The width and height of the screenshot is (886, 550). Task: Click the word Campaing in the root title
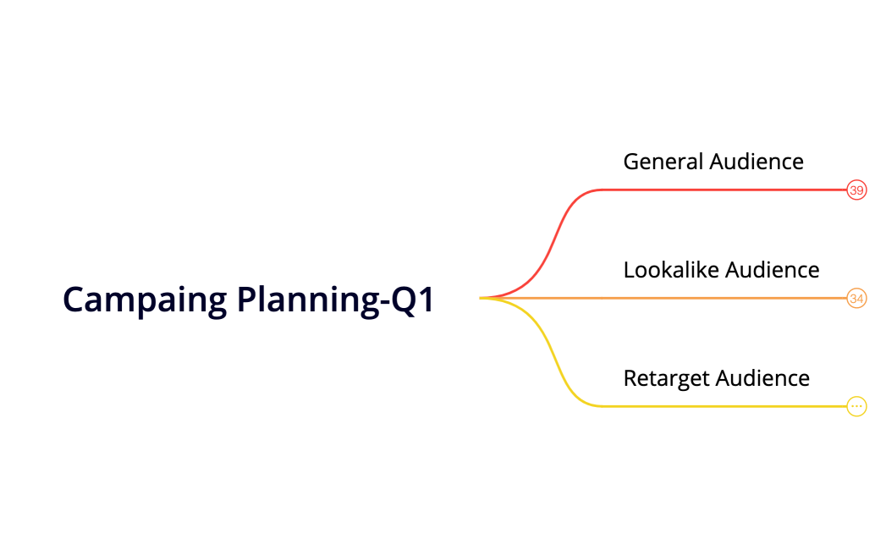(145, 300)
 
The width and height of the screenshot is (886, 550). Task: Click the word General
(663, 162)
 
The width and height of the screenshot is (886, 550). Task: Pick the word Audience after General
(757, 162)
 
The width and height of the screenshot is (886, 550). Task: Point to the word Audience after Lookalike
(773, 270)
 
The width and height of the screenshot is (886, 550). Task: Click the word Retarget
(666, 378)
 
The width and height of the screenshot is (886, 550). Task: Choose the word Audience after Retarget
(762, 378)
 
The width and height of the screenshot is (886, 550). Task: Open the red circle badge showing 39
(856, 190)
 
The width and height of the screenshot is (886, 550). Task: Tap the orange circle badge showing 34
(856, 299)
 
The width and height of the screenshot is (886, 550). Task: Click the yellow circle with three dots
(856, 407)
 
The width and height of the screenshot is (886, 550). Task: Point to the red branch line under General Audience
(719, 190)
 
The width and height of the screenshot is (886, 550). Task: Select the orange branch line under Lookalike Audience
(719, 298)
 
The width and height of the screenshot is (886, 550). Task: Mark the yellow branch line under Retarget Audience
(719, 406)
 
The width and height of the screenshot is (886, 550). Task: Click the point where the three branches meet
(482, 298)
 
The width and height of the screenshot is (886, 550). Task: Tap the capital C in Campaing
(74, 300)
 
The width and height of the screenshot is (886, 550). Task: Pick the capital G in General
(630, 162)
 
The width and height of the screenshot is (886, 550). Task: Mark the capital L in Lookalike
(628, 270)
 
